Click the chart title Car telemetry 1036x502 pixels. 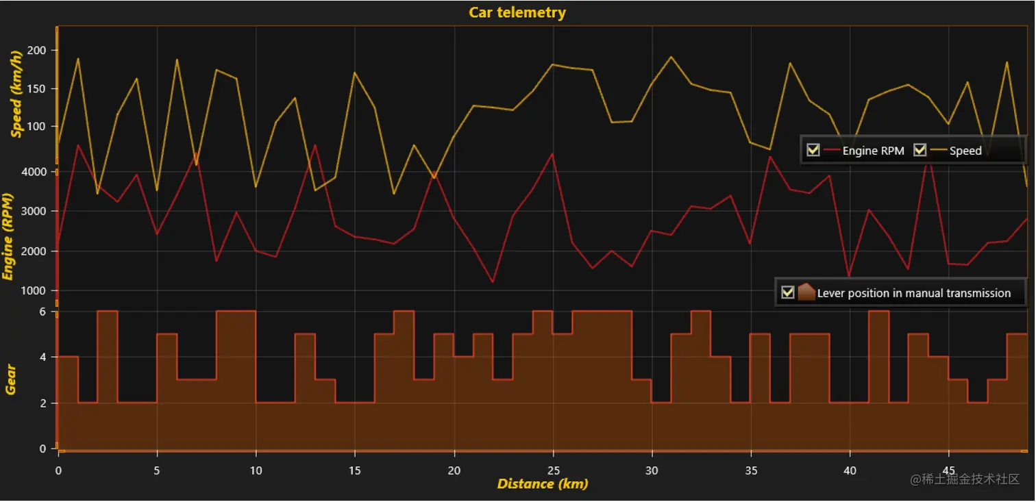point(517,12)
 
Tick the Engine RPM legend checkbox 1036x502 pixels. point(813,150)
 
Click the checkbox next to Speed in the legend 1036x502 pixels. point(920,150)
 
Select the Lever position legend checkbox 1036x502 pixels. point(788,292)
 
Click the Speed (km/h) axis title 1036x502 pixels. point(17,94)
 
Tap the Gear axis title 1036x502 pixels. point(10,379)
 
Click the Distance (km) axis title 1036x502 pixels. point(542,484)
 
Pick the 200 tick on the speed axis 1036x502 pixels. point(36,50)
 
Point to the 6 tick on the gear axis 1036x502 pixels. point(42,312)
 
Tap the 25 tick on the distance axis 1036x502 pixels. point(553,470)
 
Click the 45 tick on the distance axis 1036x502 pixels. point(948,470)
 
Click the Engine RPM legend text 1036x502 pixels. point(873,151)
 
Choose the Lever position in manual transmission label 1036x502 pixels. point(914,293)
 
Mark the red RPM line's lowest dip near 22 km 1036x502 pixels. point(492,281)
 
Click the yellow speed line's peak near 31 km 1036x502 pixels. point(671,57)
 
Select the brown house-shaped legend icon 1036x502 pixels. point(806,292)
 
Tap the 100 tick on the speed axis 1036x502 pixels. point(36,127)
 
